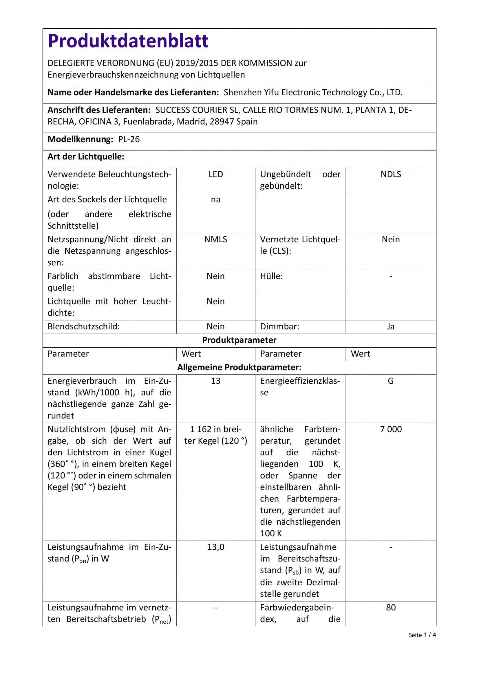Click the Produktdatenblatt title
tap(128, 41)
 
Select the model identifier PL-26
tap(129, 139)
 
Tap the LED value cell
tap(216, 174)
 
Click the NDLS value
tap(390, 174)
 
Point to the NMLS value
tap(216, 239)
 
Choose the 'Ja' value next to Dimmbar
tap(390, 326)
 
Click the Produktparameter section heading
tap(239, 340)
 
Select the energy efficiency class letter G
tap(390, 381)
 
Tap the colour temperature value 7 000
tap(390, 429)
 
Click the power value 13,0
tap(216, 547)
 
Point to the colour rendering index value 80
tap(390, 608)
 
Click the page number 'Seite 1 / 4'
tap(422, 635)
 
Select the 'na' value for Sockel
tap(216, 200)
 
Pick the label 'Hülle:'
tap(271, 276)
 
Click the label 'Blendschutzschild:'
tap(83, 326)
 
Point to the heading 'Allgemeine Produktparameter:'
tap(239, 367)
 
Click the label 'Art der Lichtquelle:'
tap(86, 157)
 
